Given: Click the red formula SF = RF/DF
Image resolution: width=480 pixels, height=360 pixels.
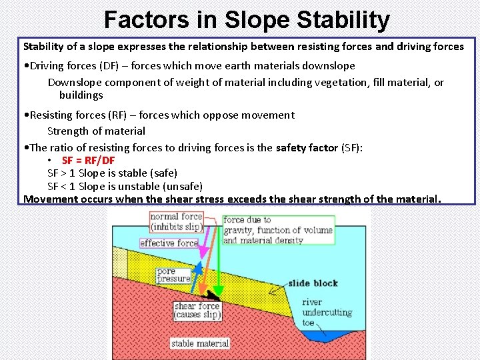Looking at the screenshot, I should (88, 160).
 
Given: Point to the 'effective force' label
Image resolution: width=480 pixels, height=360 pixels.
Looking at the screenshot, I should (169, 243).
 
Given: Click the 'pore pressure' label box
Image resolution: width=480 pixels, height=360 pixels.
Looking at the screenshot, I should (173, 275).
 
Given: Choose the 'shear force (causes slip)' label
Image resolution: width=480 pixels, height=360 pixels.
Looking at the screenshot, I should (197, 311).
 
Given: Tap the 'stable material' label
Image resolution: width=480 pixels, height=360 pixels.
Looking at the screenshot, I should (199, 344).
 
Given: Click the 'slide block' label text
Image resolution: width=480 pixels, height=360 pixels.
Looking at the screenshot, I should (313, 283).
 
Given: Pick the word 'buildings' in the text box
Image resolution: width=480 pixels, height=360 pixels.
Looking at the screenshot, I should (81, 95).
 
